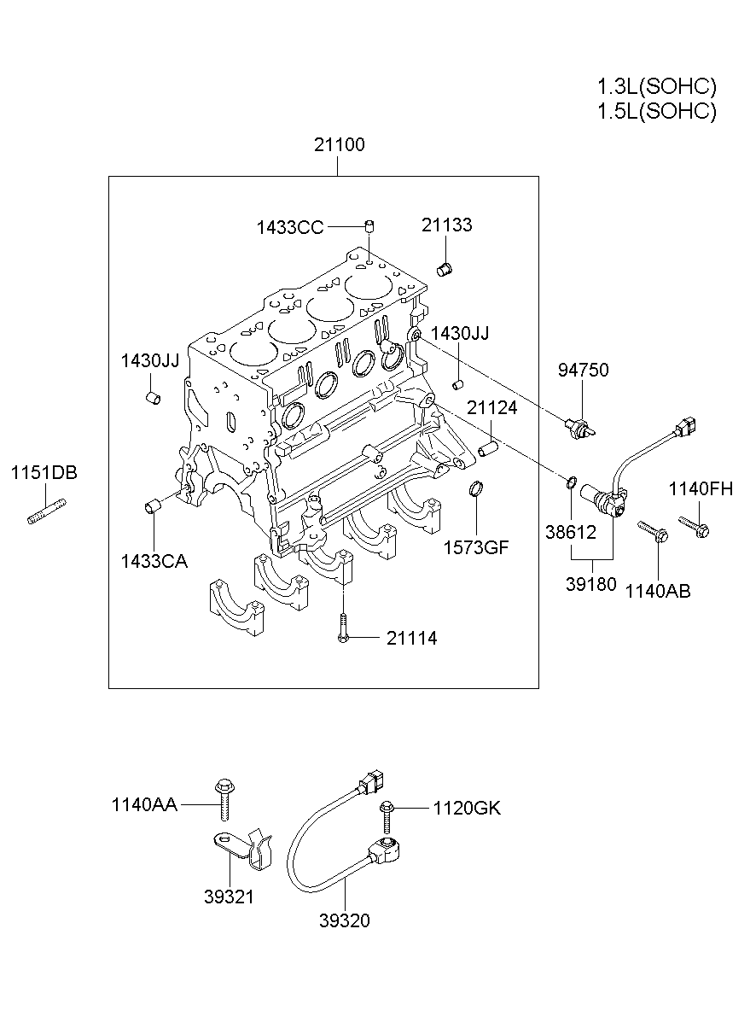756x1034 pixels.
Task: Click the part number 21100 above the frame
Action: pos(338,145)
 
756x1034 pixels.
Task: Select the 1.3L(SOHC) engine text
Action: pos(656,86)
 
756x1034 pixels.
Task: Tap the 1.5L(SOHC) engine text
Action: pos(656,112)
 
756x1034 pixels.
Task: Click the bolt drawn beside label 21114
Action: pos(342,628)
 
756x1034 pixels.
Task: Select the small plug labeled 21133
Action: pos(444,269)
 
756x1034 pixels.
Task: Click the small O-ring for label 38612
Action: pos(571,485)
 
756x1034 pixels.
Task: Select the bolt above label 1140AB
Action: pos(653,531)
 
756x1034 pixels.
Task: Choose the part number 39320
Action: pos(345,920)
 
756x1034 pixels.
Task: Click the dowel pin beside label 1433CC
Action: pos(370,226)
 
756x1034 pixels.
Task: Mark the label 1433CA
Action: pos(154,561)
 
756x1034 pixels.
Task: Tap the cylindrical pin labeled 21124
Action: pos(488,447)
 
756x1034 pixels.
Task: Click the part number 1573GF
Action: pos(476,547)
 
